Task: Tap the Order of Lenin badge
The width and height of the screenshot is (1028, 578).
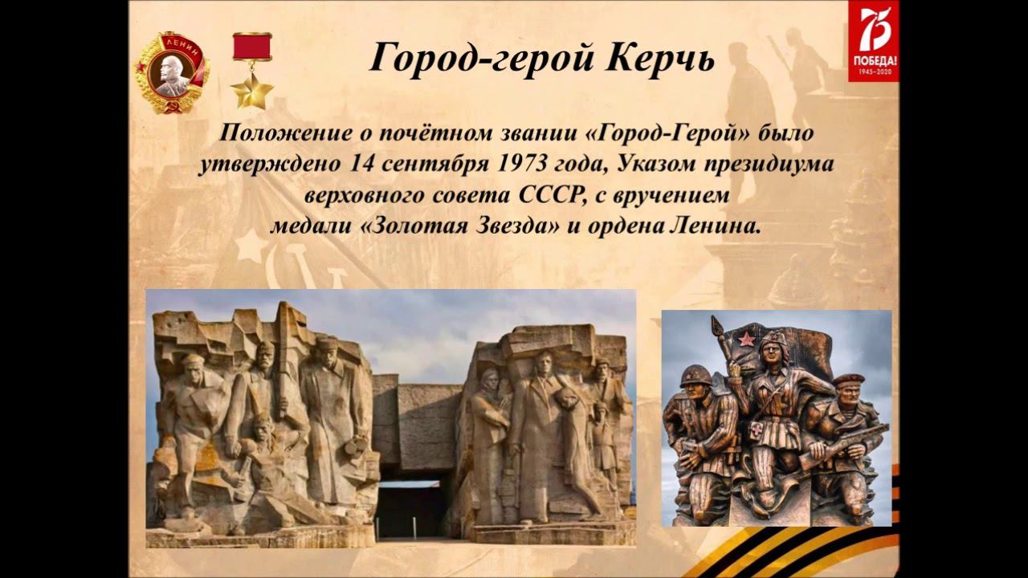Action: [171, 73]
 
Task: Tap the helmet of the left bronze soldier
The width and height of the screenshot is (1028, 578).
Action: [694, 375]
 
